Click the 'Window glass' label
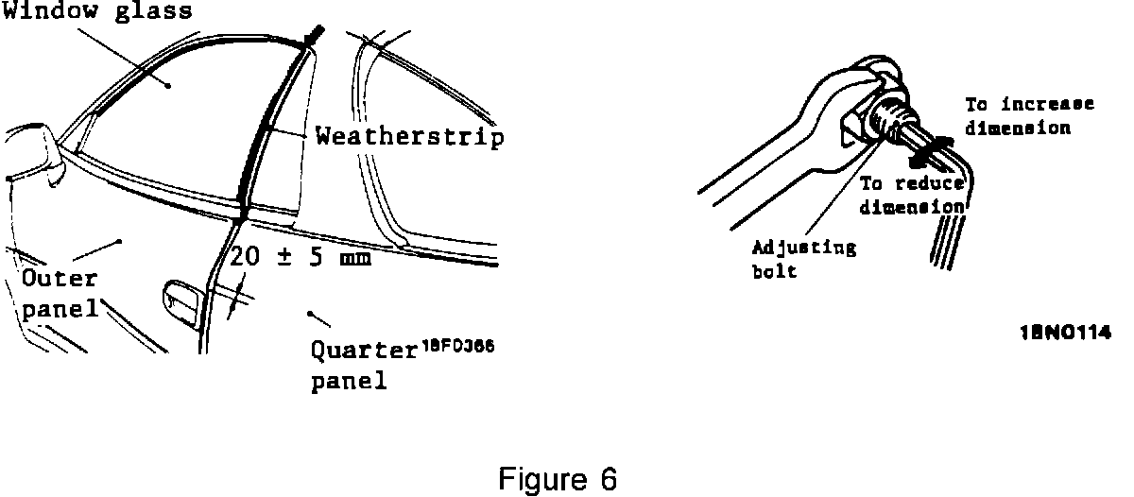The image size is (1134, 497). (x=97, y=11)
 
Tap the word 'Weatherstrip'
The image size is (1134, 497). (x=409, y=138)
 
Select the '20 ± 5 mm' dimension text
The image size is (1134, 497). (x=300, y=256)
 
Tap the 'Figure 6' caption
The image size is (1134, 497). (x=558, y=479)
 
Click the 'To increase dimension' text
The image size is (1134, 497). (x=1028, y=115)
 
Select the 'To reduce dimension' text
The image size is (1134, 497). (x=911, y=195)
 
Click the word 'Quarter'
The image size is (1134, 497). (x=364, y=351)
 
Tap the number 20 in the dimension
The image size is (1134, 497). (x=244, y=256)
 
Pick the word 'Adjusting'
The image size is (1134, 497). (x=804, y=248)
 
